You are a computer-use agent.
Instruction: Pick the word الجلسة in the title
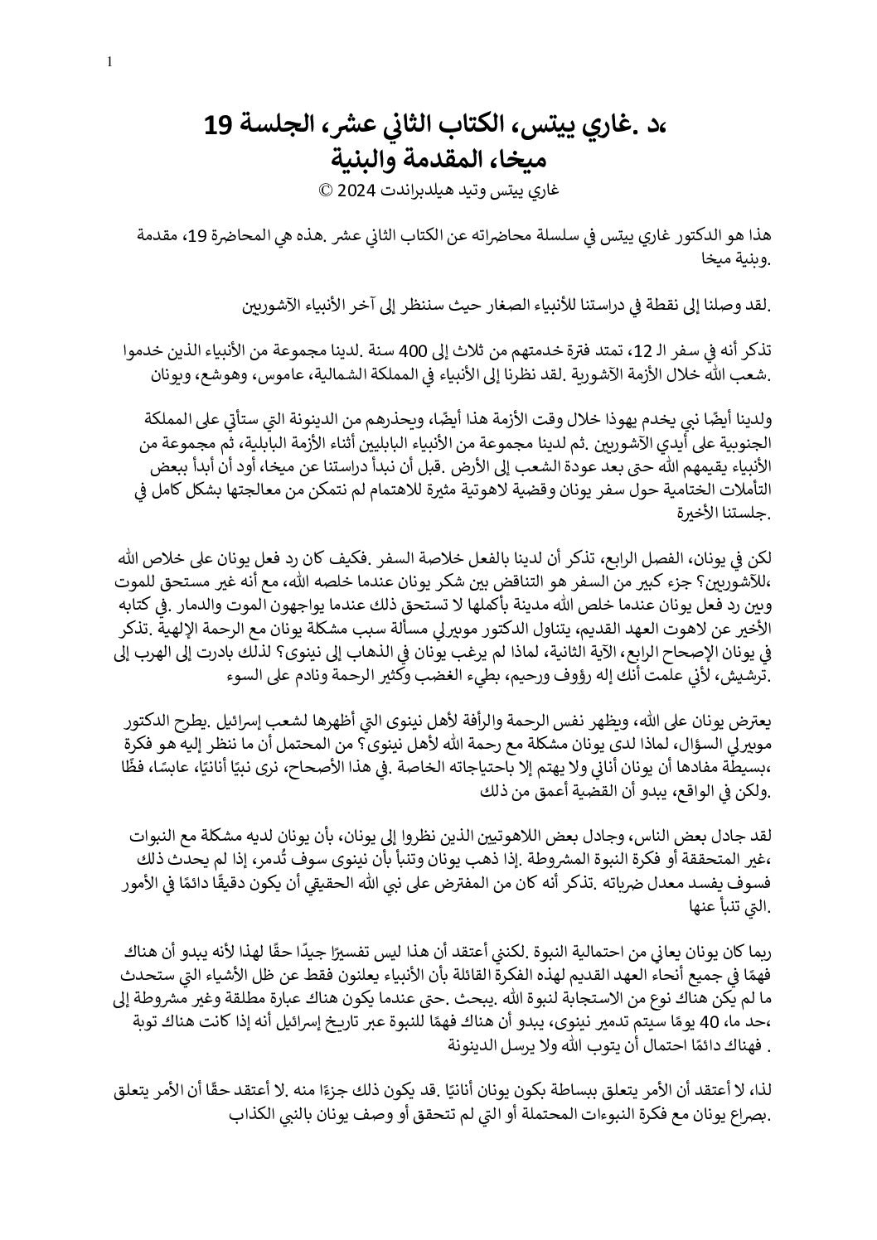tap(272, 126)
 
